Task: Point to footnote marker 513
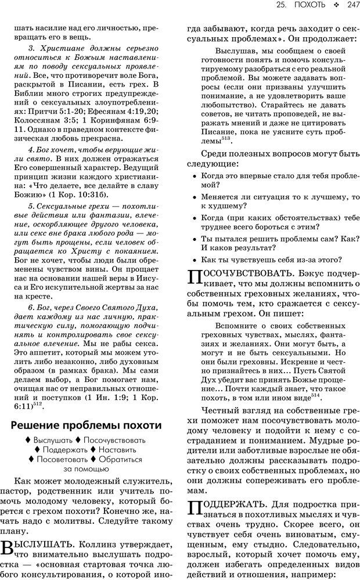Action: click(x=226, y=138)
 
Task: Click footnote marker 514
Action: click(x=315, y=395)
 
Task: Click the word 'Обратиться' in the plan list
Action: click(x=120, y=459)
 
